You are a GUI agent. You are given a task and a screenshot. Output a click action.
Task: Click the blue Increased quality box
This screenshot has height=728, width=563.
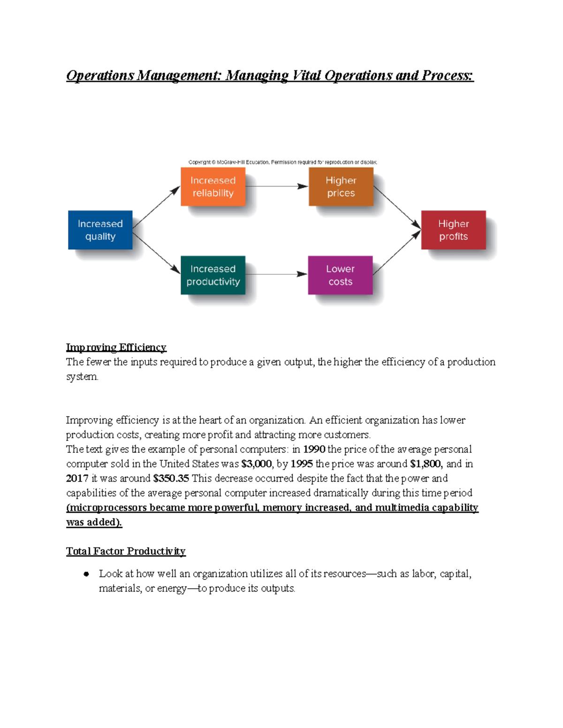click(100, 230)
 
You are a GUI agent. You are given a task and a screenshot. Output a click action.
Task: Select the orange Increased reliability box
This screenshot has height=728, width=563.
click(213, 187)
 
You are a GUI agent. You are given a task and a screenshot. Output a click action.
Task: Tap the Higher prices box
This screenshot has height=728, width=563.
click(341, 187)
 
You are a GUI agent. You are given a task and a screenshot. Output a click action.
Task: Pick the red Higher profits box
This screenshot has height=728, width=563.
click(453, 230)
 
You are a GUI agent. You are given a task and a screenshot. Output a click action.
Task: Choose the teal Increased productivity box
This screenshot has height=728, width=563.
click(213, 275)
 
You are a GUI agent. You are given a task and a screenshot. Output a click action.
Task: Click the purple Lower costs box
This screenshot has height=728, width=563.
click(340, 275)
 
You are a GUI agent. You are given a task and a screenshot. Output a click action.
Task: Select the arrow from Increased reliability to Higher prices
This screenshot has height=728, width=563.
click(277, 187)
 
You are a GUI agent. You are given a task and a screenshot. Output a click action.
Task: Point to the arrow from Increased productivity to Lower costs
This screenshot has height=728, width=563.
click(276, 274)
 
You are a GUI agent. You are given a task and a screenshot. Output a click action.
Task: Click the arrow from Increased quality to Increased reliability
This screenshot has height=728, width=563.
click(156, 207)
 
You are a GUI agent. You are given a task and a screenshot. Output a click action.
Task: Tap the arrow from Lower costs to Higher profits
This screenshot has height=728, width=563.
click(396, 253)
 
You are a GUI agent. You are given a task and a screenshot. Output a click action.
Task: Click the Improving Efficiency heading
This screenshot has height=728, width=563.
click(116, 347)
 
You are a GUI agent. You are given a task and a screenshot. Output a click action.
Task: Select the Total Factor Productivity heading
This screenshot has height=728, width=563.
click(126, 551)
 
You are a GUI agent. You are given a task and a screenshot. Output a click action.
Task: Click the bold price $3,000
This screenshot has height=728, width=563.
click(256, 464)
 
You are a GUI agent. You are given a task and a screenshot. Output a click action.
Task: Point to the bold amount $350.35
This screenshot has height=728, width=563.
click(171, 479)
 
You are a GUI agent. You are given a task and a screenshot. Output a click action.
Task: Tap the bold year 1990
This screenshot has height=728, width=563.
click(314, 450)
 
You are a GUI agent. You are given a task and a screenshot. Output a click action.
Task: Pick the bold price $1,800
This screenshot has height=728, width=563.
click(425, 464)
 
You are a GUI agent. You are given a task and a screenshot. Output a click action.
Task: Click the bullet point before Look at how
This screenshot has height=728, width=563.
click(86, 574)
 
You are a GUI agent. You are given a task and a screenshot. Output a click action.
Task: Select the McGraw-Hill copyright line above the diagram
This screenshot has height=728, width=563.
click(282, 162)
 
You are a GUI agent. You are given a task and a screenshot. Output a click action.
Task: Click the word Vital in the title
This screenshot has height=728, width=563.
click(306, 75)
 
